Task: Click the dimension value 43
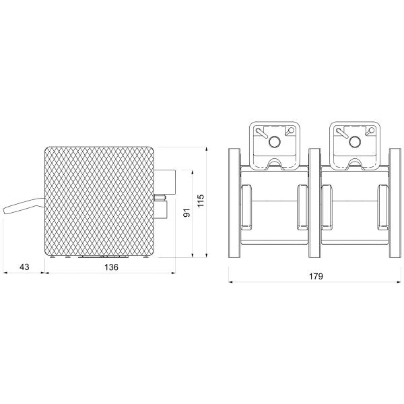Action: (24, 267)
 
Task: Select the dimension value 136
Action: (111, 267)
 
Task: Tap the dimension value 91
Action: (187, 213)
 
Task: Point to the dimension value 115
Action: (201, 200)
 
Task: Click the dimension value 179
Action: (316, 276)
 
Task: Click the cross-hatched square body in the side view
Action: (99, 201)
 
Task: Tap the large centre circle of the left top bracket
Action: (275, 141)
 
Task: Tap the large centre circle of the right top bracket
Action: (355, 141)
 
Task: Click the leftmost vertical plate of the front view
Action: (234, 203)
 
